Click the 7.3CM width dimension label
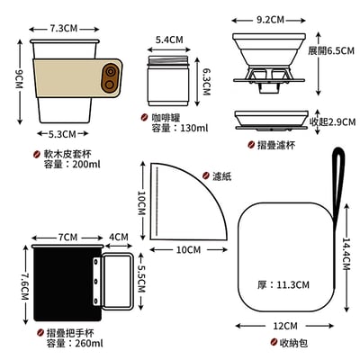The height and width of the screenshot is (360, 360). click(62, 28)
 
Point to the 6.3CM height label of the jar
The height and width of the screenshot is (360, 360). click(206, 85)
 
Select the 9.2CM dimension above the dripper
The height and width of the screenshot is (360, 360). click(271, 18)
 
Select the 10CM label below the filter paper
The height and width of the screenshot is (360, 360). click(188, 249)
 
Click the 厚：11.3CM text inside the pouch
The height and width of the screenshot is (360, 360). click(283, 284)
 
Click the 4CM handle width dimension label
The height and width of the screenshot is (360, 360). click(119, 238)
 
